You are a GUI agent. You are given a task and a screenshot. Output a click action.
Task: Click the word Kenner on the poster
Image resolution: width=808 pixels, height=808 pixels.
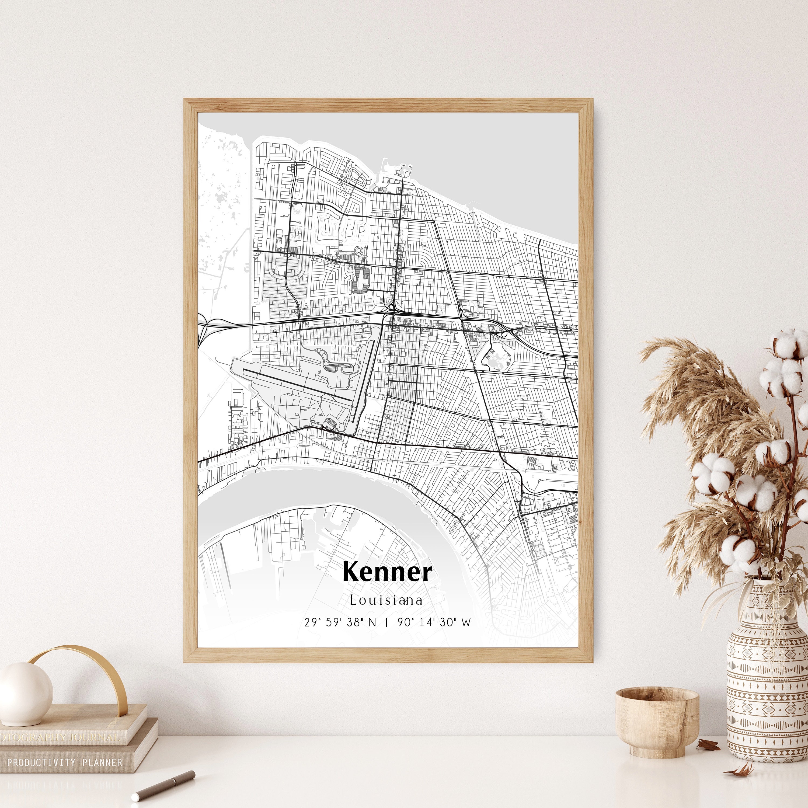(387, 572)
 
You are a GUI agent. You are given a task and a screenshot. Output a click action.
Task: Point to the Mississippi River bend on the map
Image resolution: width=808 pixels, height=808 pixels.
(335, 487)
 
